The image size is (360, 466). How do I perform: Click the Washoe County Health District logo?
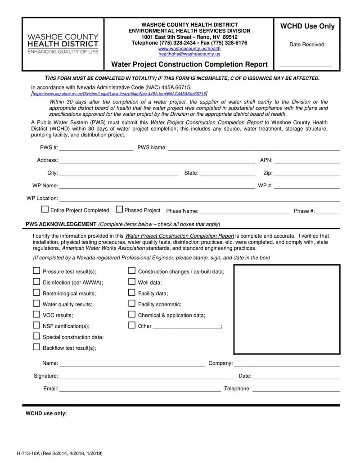[63, 44]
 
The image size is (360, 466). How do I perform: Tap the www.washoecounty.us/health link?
[189, 49]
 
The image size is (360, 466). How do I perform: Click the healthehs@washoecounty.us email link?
[189, 54]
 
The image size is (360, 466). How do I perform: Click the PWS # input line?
[96, 149]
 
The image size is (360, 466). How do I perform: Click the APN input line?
[306, 161]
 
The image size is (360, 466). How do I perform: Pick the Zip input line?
[306, 174]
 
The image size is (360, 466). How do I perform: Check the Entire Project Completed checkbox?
[45, 209]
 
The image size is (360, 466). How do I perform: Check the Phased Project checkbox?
[119, 209]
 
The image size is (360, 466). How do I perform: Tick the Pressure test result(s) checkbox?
[36, 271]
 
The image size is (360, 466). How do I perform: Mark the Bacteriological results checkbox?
[36, 293]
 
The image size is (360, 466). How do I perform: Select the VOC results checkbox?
[36, 314]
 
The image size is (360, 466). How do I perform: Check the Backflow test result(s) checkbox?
[36, 347]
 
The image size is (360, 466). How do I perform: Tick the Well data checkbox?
[132, 282]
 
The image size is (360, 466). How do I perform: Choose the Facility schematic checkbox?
[132, 303]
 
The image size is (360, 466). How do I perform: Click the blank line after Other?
[187, 327]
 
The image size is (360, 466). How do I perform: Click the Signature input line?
[146, 377]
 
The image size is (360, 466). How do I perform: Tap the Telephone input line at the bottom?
[296, 390]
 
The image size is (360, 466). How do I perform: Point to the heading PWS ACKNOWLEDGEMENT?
[61, 224]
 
